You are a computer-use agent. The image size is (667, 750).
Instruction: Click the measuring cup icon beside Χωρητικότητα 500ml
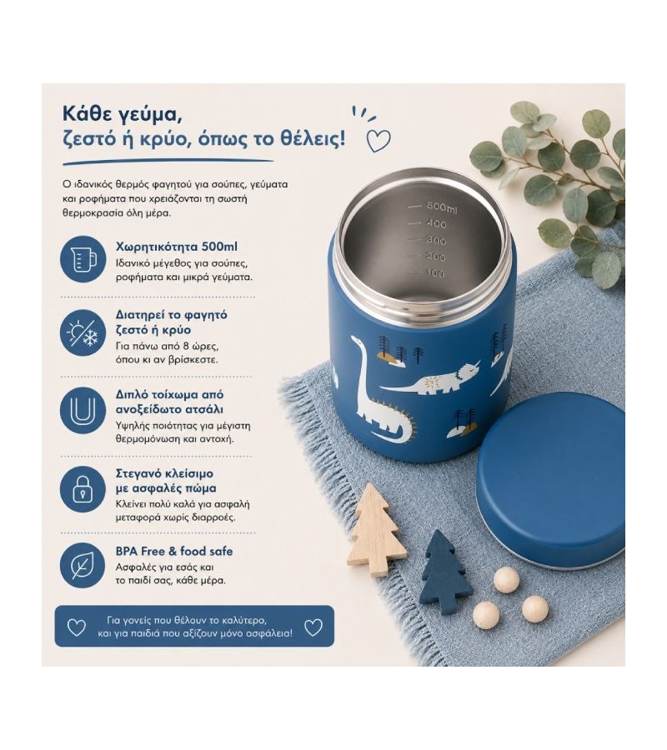83,259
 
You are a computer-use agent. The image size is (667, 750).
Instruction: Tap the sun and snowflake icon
83,332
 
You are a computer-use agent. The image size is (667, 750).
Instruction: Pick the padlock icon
83,489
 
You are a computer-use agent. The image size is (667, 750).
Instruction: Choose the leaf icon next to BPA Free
83,565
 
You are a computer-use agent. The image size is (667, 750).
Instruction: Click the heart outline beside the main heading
379,140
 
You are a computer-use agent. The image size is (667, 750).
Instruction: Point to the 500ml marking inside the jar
441,207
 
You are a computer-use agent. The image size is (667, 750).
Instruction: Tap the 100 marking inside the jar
434,273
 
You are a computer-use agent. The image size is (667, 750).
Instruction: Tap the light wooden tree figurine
374,529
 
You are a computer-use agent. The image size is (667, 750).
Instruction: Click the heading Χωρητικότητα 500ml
176,247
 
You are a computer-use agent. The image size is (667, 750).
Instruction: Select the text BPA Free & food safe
174,551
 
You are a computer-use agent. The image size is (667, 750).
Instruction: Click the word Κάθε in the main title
86,115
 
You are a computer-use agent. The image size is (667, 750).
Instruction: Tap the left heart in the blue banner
77,627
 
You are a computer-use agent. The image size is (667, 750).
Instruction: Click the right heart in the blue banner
313,627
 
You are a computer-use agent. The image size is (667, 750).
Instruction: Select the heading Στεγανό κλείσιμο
164,473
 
